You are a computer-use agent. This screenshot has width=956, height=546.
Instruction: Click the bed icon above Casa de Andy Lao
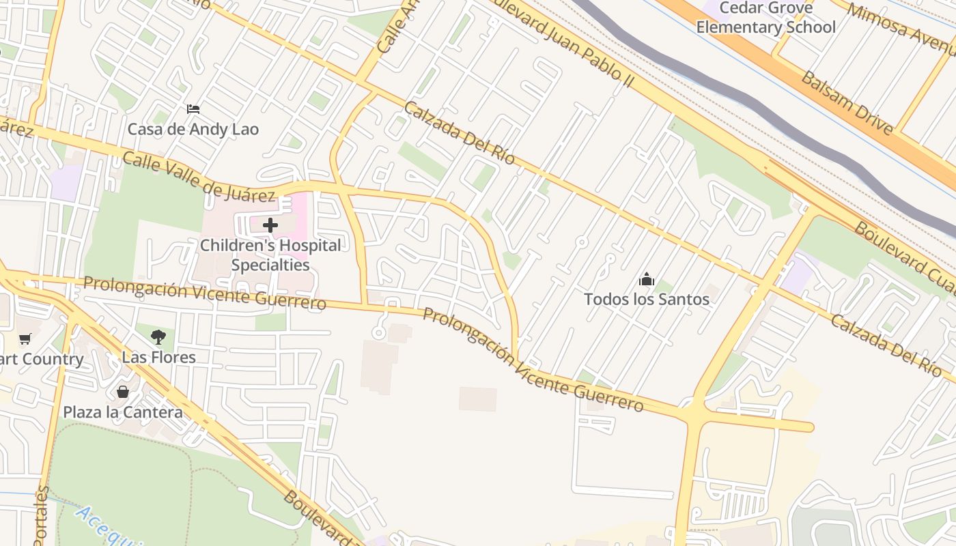click(193, 109)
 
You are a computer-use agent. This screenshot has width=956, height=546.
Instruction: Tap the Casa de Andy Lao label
click(193, 129)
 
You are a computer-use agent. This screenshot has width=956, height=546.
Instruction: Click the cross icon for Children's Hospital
click(270, 225)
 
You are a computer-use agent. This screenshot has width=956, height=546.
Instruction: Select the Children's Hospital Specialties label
click(270, 255)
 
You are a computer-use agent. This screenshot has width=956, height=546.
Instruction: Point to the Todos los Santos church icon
click(646, 279)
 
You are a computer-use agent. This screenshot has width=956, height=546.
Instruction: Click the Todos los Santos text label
click(646, 299)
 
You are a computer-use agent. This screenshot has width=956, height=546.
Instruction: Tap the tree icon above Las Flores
click(158, 336)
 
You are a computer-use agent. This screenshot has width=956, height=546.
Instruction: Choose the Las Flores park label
click(158, 357)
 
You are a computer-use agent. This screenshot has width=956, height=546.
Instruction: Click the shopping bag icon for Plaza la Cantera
click(123, 392)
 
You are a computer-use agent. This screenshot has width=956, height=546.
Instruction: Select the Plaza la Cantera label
click(123, 412)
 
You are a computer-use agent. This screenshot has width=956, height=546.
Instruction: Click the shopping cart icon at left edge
click(25, 339)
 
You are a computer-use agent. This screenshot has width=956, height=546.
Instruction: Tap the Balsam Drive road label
click(847, 102)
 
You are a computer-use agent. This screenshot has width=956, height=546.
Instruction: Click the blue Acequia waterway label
click(109, 526)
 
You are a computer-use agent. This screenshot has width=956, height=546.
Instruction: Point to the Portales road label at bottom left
click(42, 519)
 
